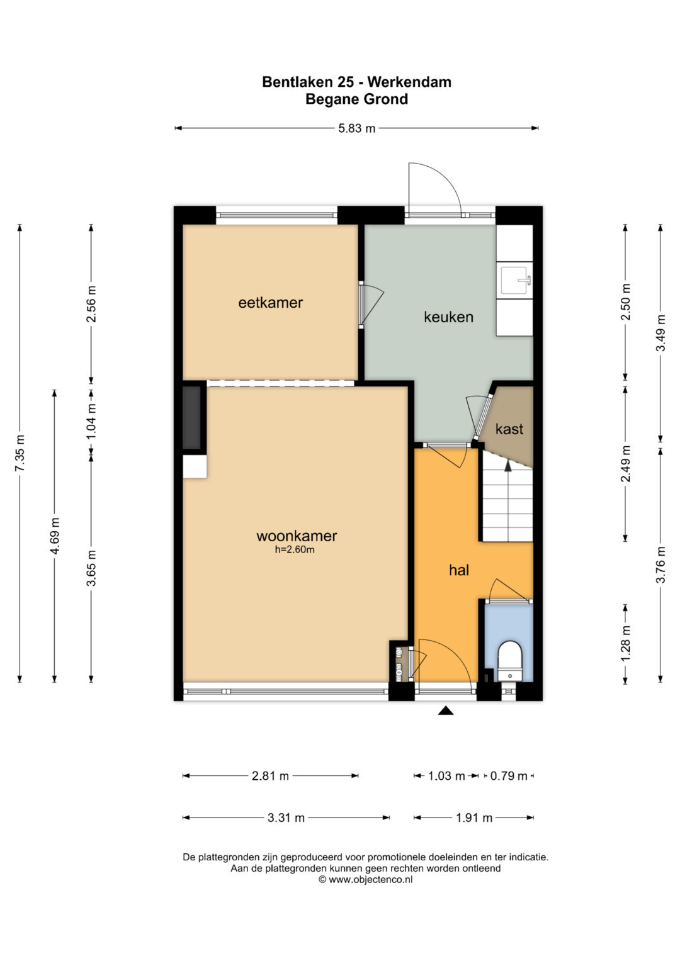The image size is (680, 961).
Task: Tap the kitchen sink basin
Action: [514, 281]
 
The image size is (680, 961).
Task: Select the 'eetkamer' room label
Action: [271, 303]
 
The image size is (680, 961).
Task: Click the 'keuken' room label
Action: [448, 317]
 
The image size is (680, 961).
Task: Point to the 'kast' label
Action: [509, 429]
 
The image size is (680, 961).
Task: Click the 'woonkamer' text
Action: [297, 536]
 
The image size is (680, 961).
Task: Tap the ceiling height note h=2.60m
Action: [295, 549]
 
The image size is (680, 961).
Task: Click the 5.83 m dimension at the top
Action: [357, 128]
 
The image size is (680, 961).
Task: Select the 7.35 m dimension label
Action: [20, 453]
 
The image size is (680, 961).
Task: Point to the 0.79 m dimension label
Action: [509, 776]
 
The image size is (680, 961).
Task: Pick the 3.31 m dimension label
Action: [286, 818]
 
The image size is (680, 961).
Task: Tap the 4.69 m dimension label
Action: [55, 536]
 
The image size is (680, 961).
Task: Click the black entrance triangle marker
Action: [446, 711]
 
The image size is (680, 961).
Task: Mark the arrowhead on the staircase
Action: [508, 466]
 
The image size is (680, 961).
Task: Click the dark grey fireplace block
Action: [192, 417]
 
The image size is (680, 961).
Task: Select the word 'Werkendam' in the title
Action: [409, 82]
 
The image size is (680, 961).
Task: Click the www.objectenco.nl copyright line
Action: [365, 879]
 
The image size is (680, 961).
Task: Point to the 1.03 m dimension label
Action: [446, 776]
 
